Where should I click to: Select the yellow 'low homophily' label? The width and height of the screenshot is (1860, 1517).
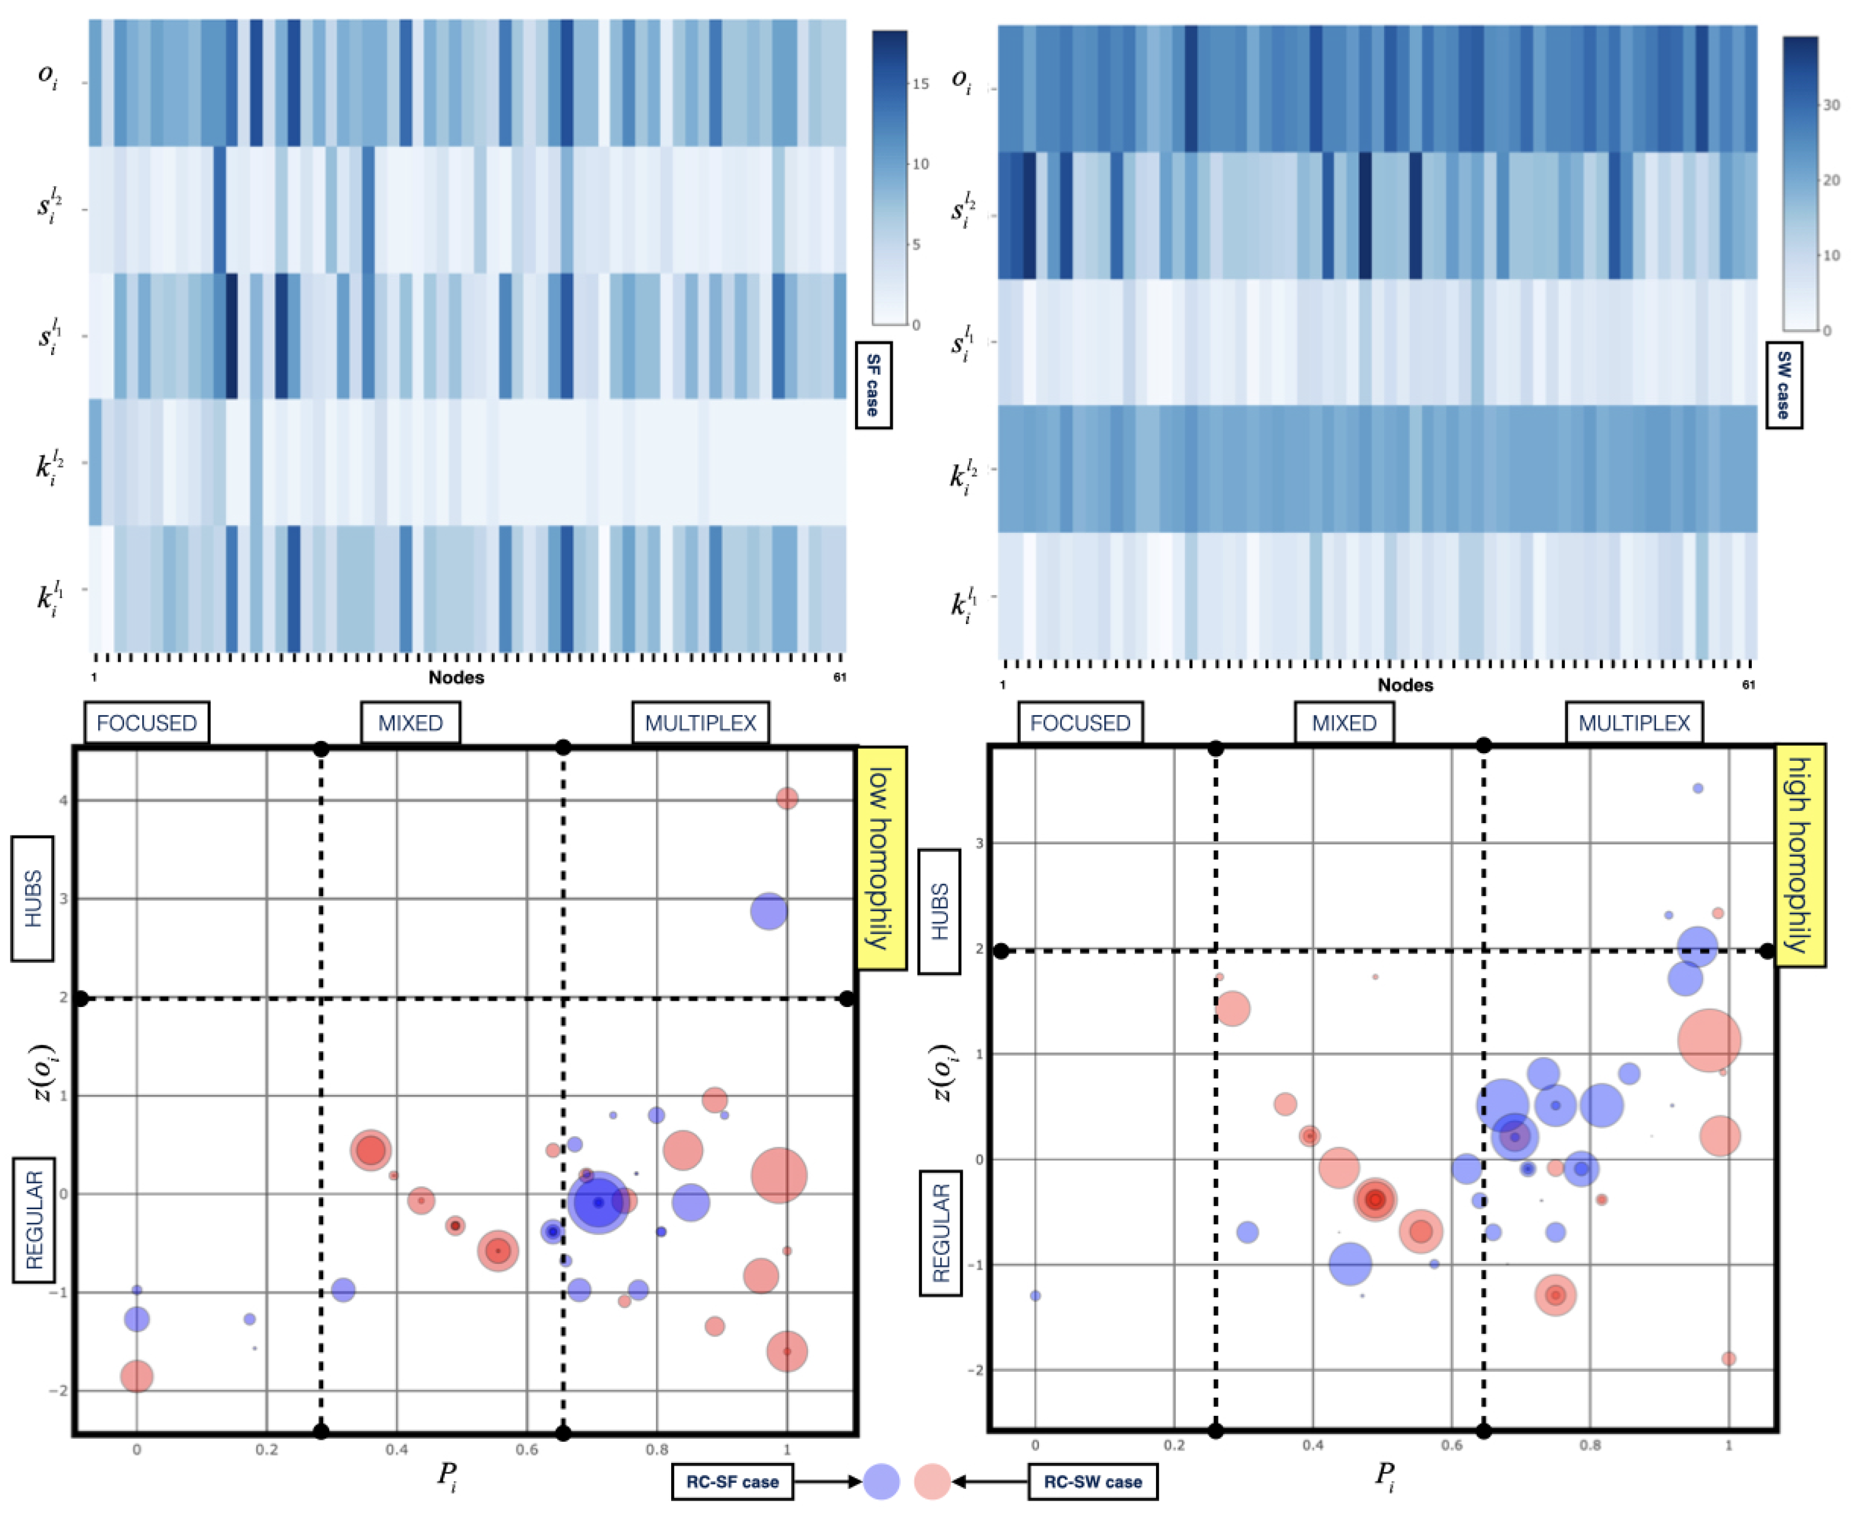(880, 858)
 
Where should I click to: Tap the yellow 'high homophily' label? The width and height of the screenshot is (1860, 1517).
(1799, 855)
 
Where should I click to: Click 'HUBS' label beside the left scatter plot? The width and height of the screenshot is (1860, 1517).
(32, 898)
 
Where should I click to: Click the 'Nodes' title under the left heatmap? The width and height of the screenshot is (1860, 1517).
(455, 677)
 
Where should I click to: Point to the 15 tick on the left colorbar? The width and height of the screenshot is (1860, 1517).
(920, 84)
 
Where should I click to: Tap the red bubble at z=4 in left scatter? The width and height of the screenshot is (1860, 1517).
(787, 798)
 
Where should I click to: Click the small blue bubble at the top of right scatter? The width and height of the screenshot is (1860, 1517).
(1697, 788)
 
